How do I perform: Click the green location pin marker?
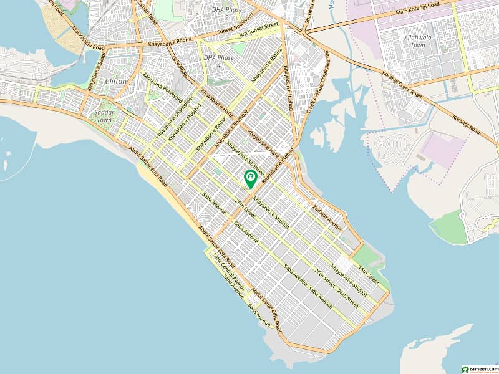[250, 179]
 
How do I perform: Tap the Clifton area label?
[115, 81]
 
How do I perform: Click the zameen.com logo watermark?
[478, 368]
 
